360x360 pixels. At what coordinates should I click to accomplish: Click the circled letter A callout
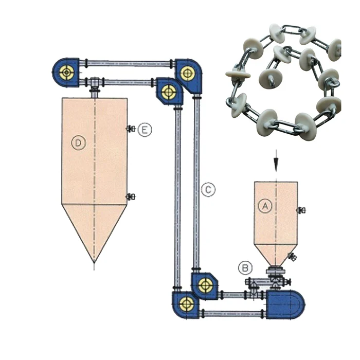pyautogui.click(x=265, y=206)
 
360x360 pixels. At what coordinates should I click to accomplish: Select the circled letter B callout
pyautogui.click(x=246, y=267)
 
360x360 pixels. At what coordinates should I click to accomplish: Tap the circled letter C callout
pyautogui.click(x=208, y=189)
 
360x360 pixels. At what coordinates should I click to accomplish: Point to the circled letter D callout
pyautogui.click(x=78, y=143)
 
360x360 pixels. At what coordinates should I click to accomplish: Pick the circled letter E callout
pyautogui.click(x=146, y=130)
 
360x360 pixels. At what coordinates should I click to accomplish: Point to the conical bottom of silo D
pyautogui.click(x=94, y=231)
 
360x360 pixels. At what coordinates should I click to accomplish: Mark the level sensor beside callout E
pyautogui.click(x=131, y=129)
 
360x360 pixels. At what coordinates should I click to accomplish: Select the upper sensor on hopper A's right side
pyautogui.click(x=301, y=210)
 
